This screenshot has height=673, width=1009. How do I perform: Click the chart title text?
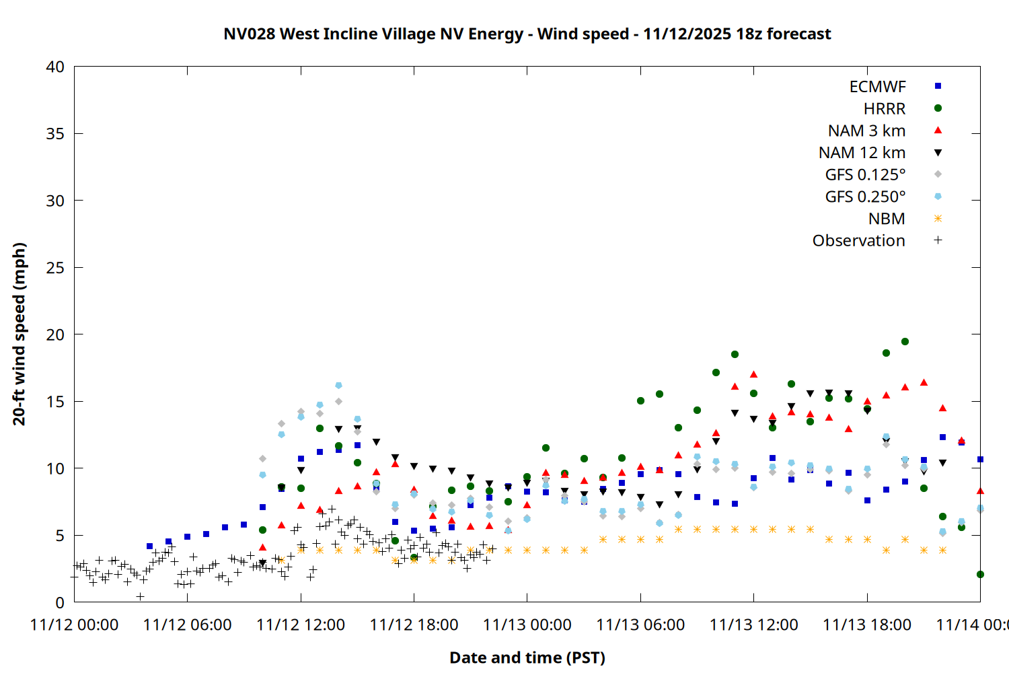(x=527, y=34)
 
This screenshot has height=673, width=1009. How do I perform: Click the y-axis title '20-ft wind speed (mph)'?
(x=19, y=334)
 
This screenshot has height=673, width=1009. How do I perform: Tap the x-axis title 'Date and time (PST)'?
(x=527, y=658)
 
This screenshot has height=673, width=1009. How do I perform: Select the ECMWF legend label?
(x=877, y=87)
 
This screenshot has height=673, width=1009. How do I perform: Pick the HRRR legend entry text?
(x=885, y=109)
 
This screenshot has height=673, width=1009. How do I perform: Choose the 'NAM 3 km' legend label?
(x=866, y=131)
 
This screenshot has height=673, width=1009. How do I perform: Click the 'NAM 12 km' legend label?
(x=862, y=153)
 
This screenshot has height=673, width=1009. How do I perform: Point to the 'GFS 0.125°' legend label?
(x=865, y=175)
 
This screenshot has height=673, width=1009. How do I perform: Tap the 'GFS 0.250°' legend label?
(x=865, y=197)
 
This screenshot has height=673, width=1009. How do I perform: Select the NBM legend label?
(x=887, y=219)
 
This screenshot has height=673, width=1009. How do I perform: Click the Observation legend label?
(x=858, y=241)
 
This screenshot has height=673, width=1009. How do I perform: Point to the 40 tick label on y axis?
(x=55, y=67)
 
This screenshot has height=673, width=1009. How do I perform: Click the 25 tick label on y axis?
(x=55, y=268)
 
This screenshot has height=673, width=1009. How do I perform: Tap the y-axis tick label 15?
(x=55, y=402)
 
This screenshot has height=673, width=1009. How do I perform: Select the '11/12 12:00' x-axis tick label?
(x=301, y=625)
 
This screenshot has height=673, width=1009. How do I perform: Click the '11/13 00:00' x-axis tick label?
(x=527, y=625)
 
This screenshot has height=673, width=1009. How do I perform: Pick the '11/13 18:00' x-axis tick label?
(x=866, y=625)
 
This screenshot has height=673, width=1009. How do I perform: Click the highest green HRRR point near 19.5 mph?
(x=905, y=342)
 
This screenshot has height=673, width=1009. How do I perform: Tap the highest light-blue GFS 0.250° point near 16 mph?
(x=338, y=386)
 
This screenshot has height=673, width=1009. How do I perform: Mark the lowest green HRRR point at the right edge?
(x=980, y=575)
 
